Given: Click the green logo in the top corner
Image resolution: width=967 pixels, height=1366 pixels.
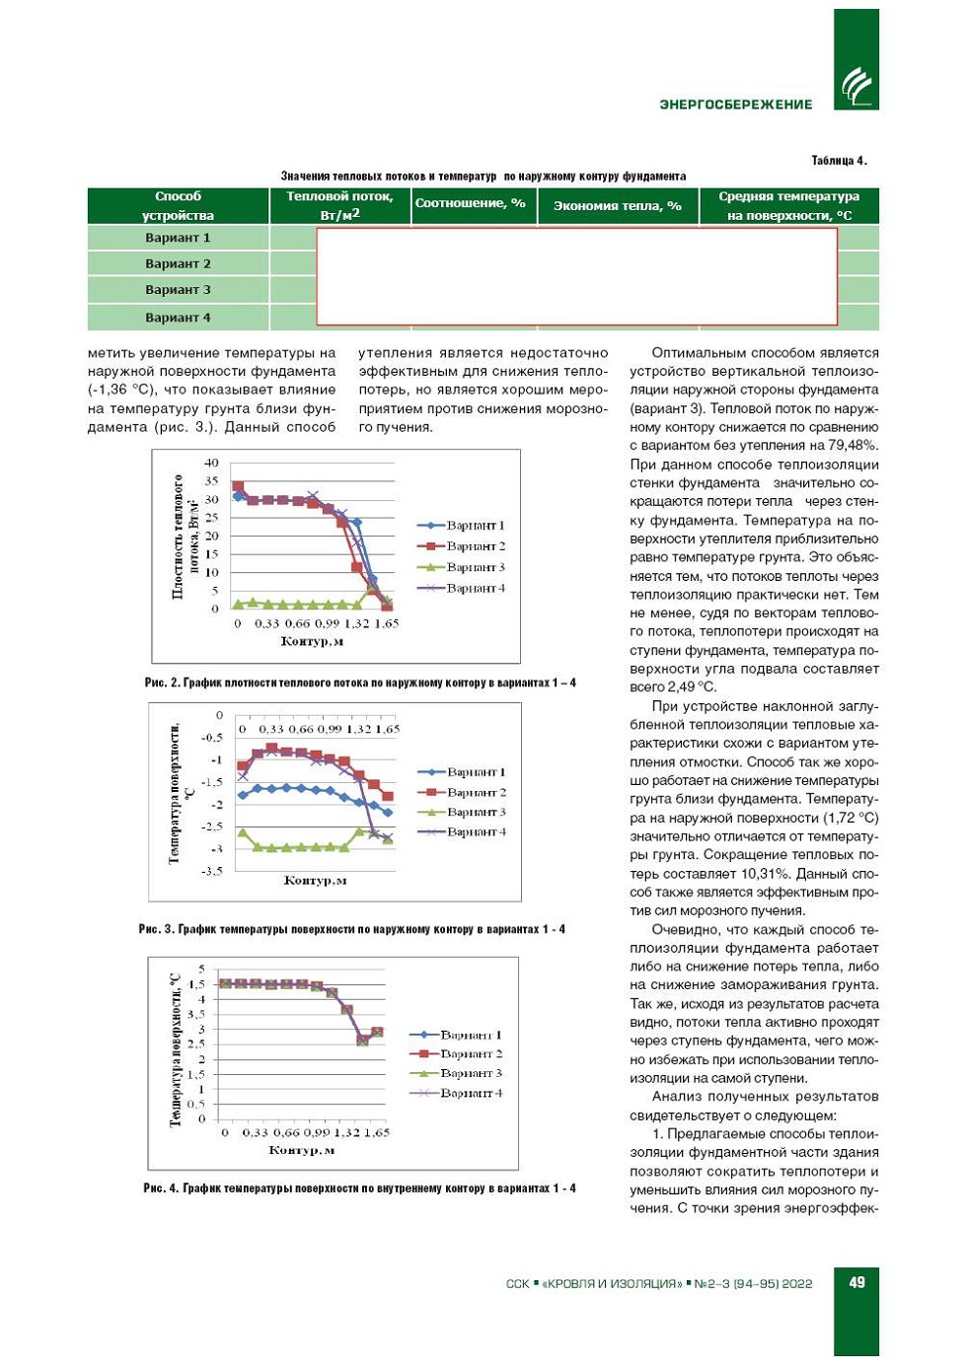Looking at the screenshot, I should [x=856, y=87].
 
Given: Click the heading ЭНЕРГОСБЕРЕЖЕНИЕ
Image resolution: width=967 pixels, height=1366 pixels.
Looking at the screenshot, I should [x=736, y=105].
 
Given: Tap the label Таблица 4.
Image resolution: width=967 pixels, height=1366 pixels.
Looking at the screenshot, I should [x=839, y=161].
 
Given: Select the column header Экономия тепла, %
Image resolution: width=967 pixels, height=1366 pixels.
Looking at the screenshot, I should [x=618, y=206].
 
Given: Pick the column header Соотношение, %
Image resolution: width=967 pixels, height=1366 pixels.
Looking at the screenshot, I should [x=471, y=203].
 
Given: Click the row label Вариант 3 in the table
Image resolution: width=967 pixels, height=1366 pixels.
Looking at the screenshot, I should [x=178, y=290].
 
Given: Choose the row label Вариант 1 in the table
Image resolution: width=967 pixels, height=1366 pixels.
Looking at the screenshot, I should [x=178, y=238].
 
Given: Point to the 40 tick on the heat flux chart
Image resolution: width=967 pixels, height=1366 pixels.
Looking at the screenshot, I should [x=211, y=463].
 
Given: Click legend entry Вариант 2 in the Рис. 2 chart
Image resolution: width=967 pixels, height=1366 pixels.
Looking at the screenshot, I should [x=475, y=546].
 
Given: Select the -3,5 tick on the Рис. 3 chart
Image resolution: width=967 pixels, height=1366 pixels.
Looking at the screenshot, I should [x=211, y=871].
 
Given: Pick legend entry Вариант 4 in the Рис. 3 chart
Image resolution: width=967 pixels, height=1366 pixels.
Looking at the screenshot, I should [x=476, y=832].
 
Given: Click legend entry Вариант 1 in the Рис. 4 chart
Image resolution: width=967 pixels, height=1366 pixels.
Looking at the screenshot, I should [x=471, y=1035].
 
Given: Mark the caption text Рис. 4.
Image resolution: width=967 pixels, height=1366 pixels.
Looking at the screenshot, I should [x=161, y=1188].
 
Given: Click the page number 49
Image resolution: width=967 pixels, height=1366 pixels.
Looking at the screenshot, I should [x=856, y=1282].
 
